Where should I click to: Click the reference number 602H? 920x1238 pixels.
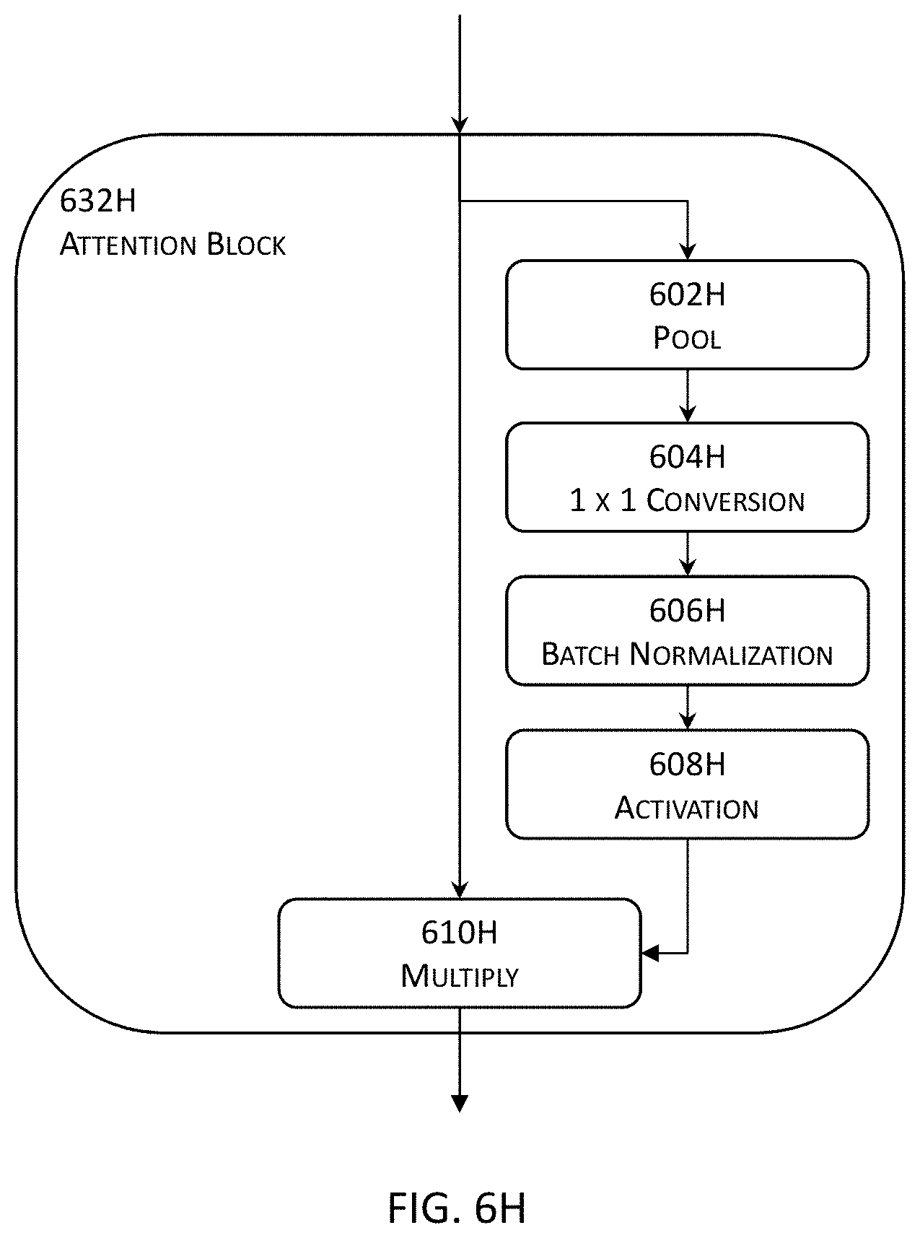click(687, 295)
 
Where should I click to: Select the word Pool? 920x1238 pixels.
click(687, 338)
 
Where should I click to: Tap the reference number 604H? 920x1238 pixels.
click(687, 457)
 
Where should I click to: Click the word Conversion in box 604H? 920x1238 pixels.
click(725, 500)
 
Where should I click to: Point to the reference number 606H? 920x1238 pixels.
click(687, 611)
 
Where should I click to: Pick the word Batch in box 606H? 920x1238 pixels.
click(580, 654)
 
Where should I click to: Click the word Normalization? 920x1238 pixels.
click(731, 654)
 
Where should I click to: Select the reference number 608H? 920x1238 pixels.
click(687, 764)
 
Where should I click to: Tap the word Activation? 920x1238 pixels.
click(687, 808)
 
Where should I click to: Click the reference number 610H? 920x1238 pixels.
click(460, 933)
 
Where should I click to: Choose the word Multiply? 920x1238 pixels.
click(460, 976)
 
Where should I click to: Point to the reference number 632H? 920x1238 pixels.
click(97, 201)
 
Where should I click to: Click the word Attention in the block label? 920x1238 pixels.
click(128, 245)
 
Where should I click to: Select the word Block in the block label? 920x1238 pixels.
click(246, 245)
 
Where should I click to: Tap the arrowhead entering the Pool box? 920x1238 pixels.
click(688, 251)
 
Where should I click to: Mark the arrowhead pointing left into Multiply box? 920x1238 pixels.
click(650, 954)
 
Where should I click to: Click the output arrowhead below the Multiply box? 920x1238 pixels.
click(460, 1103)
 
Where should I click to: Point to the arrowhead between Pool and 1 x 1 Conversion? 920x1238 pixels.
click(688, 414)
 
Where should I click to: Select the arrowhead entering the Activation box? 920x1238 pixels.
click(688, 720)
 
